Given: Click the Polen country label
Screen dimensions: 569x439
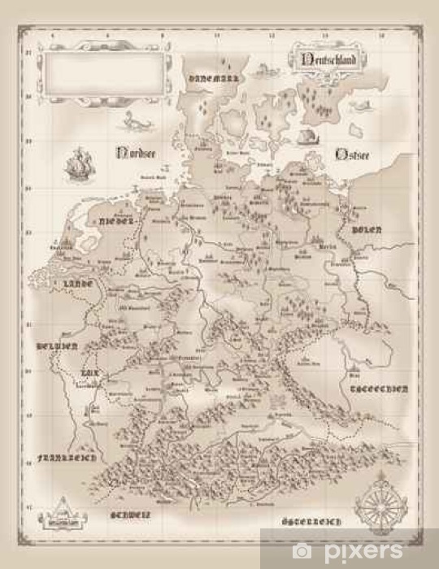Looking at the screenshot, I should click(368, 231).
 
